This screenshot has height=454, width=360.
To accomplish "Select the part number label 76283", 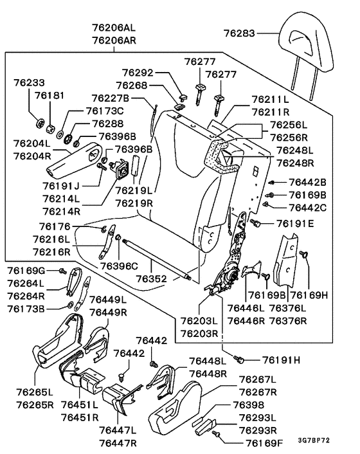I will (242, 33).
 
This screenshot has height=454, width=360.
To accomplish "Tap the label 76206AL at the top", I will (114, 28).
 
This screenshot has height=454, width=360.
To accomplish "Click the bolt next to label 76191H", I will (240, 359).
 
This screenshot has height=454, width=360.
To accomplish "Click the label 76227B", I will (110, 98).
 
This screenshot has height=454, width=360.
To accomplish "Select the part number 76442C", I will (307, 207).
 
